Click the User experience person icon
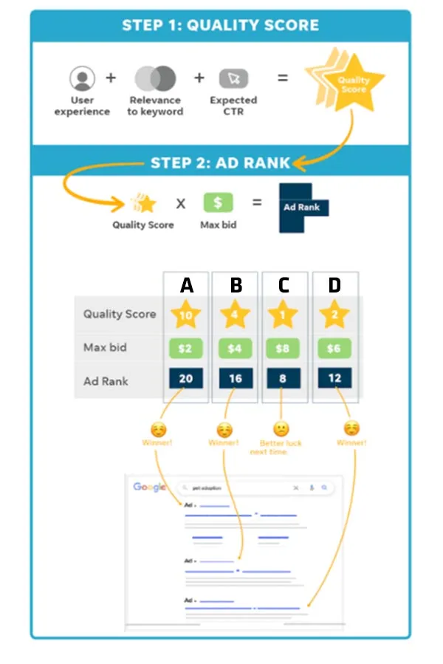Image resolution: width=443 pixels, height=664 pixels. coord(83,78)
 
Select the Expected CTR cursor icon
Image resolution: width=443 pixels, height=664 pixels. coord(233,78)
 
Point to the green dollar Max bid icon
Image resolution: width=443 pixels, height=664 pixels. coord(218,203)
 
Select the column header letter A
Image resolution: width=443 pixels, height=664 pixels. coord(186,285)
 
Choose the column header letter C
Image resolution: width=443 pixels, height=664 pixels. coord(284,285)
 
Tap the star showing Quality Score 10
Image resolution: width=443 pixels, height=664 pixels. coord(186,315)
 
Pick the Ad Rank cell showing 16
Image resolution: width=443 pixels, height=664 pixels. coord(236,379)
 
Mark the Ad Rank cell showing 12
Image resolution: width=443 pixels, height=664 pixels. coord(334,378)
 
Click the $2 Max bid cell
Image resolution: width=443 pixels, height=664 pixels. coord(186,348)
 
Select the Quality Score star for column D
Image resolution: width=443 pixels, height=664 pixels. coord(334,315)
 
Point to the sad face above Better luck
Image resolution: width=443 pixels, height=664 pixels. coord(281,428)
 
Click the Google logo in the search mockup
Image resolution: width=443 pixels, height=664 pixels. coord(149,487)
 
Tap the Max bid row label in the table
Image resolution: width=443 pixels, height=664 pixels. coord(104,347)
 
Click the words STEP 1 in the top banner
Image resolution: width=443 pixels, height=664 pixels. coord(151,25)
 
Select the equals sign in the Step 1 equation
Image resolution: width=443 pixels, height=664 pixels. coord(282,77)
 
